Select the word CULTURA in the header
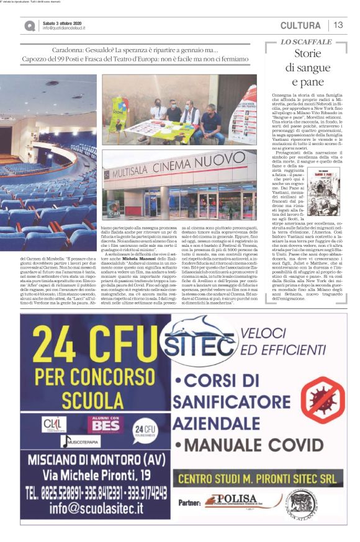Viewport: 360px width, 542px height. (300, 25)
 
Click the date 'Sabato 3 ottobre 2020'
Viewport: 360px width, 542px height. (66, 23)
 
